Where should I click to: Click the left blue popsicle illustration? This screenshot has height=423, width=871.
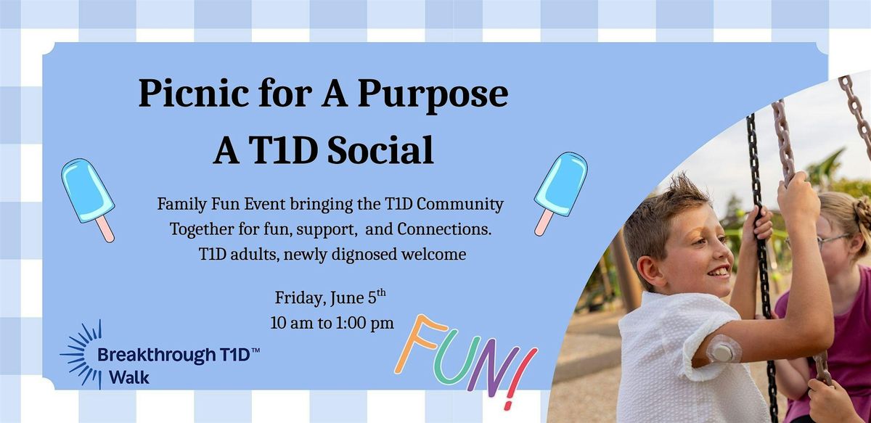point(88,200)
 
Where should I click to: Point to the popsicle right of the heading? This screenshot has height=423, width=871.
point(560,193)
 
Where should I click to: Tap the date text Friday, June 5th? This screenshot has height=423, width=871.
point(330,297)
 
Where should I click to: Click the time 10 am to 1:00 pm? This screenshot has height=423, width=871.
point(332,323)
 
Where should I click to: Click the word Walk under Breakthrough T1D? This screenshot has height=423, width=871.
point(129,377)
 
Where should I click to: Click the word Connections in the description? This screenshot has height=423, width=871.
point(444,229)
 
